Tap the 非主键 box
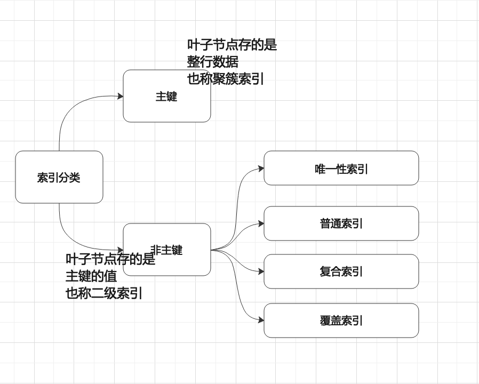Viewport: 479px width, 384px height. click(x=181, y=264)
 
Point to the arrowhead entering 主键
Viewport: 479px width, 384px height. click(x=121, y=96)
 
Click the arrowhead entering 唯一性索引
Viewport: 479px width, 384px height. click(x=261, y=169)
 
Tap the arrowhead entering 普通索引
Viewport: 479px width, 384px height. click(x=261, y=223)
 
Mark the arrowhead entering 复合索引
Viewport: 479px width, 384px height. click(x=261, y=271)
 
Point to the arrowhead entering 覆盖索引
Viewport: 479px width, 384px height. click(x=261, y=320)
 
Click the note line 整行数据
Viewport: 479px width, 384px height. click(x=213, y=62)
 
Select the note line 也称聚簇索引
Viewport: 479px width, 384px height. click(x=226, y=79)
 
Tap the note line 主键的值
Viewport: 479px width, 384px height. click(x=91, y=277)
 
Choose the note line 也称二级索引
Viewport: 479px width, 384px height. click(x=104, y=293)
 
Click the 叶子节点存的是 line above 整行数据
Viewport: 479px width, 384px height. click(x=232, y=45)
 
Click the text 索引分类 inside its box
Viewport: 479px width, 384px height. click(x=59, y=178)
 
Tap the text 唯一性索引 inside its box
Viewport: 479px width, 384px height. click(x=341, y=169)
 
